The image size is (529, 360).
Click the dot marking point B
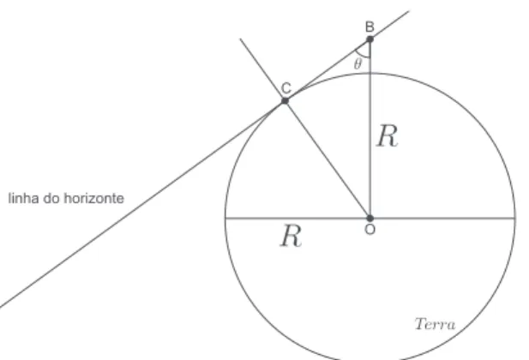coord(370,39)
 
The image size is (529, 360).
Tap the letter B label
coord(370,27)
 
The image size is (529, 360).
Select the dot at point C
coord(286,100)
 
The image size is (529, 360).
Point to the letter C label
coord(286,88)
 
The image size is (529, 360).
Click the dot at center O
coord(370,219)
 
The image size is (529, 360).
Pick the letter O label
coord(370,230)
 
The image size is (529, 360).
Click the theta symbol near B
coord(358,63)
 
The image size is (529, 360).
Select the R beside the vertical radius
coord(388,135)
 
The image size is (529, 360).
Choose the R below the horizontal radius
coord(292,236)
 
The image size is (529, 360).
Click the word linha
coord(23,198)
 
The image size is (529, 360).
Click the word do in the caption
coord(51,198)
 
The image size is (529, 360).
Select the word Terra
coord(436,324)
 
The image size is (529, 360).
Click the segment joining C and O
coord(328,159)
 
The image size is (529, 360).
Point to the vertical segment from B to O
coord(370,129)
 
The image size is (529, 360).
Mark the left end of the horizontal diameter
coord(225,219)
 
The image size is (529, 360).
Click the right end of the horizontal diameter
coord(514,219)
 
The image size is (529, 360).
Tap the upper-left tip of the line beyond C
coord(240,39)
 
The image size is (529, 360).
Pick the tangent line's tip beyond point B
coord(409,11)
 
